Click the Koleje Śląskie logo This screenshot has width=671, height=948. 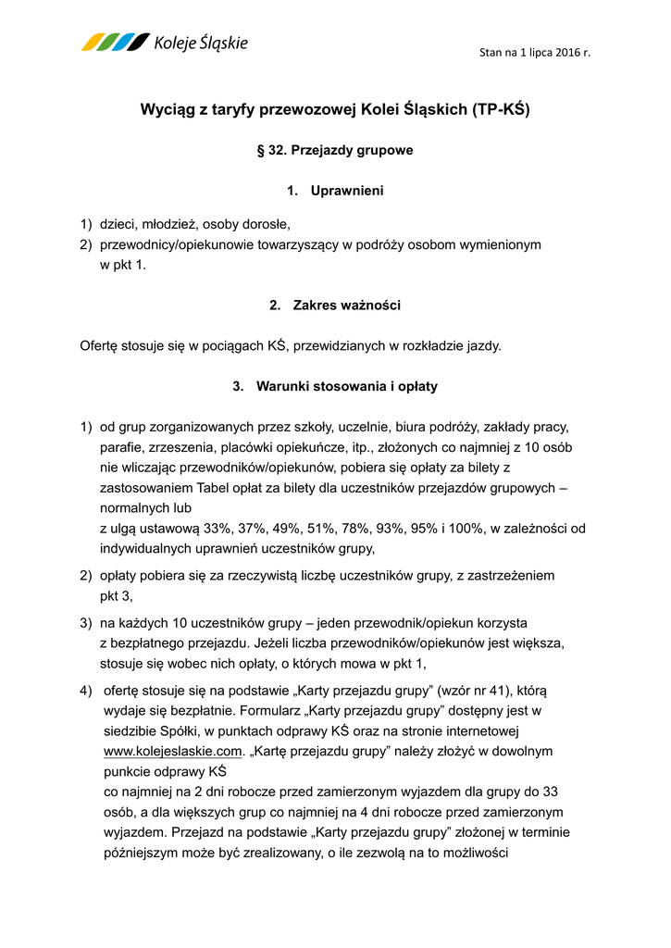click(165, 43)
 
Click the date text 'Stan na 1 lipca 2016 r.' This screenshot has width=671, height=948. click(534, 53)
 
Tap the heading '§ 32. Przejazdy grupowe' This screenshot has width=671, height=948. click(334, 149)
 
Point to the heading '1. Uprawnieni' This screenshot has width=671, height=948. click(334, 191)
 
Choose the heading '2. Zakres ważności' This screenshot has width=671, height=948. click(334, 305)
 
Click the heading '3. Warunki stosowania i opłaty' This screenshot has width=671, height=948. click(334, 386)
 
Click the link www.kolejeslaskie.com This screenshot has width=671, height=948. click(171, 751)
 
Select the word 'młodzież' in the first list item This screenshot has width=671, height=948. click(168, 224)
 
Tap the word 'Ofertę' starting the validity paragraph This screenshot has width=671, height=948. click(101, 346)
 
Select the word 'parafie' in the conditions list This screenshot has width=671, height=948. click(120, 448)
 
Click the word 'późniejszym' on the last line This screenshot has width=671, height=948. click(141, 853)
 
